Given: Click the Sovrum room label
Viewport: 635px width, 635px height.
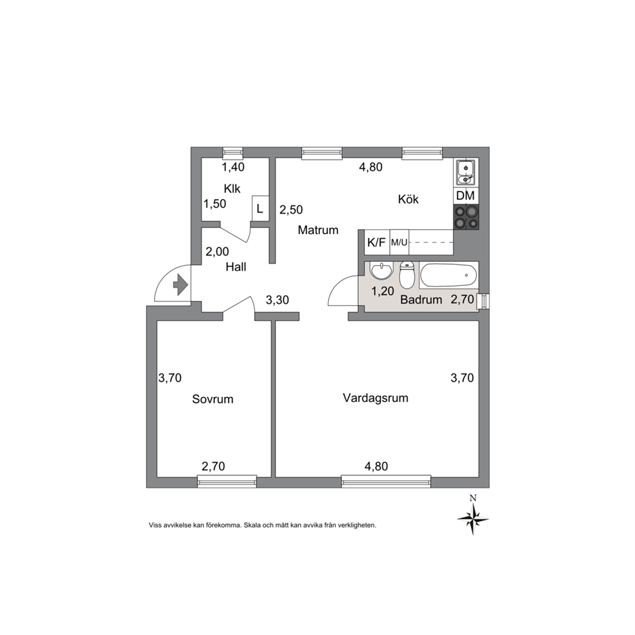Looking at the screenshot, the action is [213, 399].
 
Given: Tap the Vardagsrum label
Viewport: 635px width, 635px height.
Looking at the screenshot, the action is [375, 398].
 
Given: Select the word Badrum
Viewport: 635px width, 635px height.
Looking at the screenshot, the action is [421, 300].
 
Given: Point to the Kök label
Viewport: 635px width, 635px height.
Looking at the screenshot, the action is [408, 199].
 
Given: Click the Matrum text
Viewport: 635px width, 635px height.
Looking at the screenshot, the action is [318, 230].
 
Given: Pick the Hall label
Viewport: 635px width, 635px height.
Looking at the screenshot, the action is [236, 266].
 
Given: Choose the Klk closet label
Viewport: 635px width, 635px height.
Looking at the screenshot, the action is [232, 189].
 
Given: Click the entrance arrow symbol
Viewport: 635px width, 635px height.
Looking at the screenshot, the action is [181, 285].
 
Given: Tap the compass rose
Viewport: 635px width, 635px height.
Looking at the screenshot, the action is [472, 518].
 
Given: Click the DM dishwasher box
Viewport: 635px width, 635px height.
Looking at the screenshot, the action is [466, 196].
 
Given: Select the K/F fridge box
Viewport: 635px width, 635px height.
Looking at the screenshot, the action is [376, 243].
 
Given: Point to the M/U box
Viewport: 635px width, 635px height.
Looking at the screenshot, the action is [399, 243].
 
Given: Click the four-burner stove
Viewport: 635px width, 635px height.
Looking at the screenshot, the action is [466, 217].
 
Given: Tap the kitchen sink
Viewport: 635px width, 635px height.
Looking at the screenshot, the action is [466, 172].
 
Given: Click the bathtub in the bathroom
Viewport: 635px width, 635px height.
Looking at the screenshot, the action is [449, 275].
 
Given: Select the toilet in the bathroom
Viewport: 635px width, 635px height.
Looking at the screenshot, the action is [406, 275].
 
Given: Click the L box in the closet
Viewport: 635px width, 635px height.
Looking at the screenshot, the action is [261, 209].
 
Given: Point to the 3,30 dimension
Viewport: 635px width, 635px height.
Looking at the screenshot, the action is [277, 300].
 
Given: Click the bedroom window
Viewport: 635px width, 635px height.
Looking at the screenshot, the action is [227, 481].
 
